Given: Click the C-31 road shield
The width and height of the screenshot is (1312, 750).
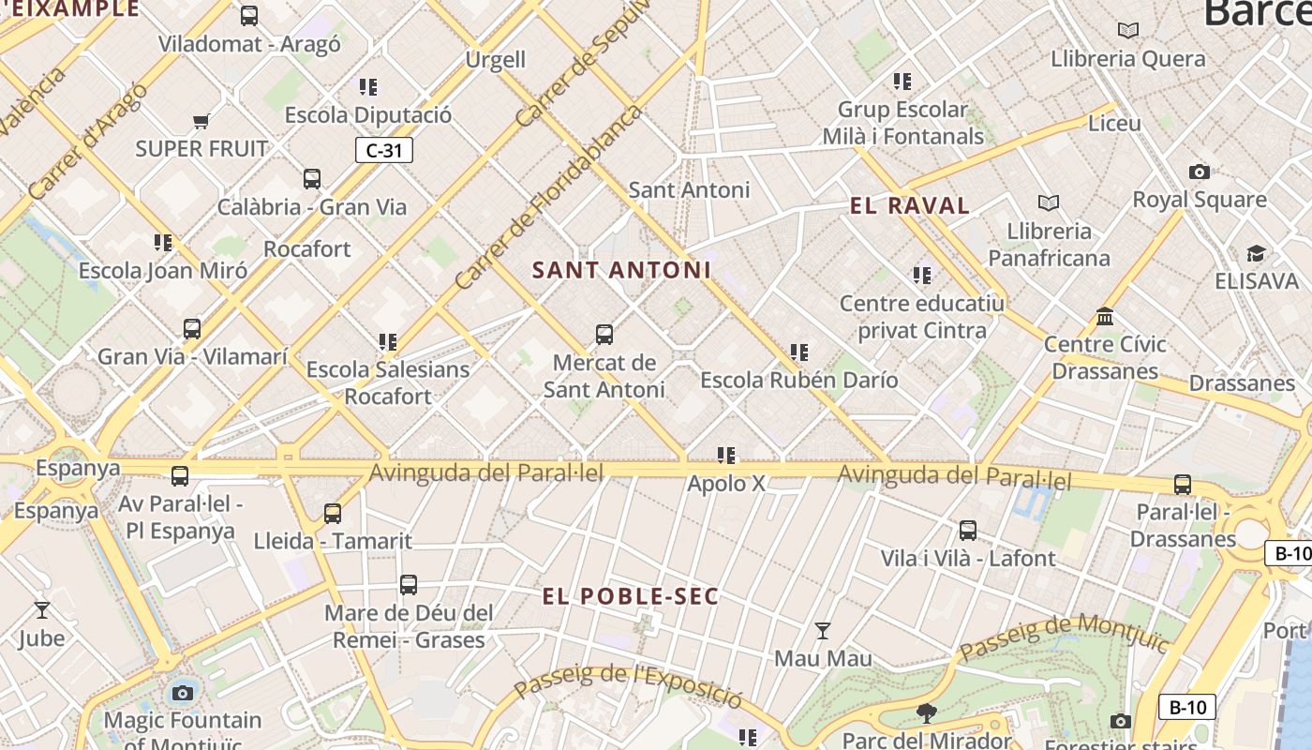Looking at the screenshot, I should (384, 150).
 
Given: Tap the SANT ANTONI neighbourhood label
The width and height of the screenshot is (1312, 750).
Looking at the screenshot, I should (621, 270).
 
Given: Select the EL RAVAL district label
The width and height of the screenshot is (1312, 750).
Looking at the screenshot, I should (909, 206).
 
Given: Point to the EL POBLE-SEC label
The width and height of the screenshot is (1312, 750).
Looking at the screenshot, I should (631, 596).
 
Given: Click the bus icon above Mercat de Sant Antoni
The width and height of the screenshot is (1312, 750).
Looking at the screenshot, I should (604, 334).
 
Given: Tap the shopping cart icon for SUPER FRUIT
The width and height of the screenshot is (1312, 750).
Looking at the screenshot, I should (201, 121).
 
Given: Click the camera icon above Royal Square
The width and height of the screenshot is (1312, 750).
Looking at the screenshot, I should (1199, 172).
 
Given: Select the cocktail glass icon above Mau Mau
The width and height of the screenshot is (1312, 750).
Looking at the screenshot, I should (822, 631).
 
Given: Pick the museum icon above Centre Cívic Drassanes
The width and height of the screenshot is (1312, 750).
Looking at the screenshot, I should (1105, 316).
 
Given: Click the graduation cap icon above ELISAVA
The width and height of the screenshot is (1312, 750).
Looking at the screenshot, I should (1256, 254).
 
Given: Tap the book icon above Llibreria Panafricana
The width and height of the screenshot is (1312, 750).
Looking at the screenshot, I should (1048, 202).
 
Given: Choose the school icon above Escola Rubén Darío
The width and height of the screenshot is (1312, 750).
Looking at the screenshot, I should (799, 352).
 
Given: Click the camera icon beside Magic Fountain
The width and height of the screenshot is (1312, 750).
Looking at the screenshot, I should (183, 694).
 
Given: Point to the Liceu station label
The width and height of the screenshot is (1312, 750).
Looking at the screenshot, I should (1114, 123).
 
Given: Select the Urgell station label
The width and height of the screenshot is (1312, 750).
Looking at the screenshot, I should (496, 60).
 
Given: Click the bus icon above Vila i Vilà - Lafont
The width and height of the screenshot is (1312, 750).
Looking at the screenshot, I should (968, 531).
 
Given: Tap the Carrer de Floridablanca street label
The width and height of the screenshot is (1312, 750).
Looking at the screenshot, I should (549, 197).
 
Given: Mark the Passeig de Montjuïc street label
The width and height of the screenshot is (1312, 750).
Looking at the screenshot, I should (1065, 637).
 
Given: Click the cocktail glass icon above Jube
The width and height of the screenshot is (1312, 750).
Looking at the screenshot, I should (42, 610).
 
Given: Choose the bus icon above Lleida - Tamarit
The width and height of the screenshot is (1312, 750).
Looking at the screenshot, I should (333, 514).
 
